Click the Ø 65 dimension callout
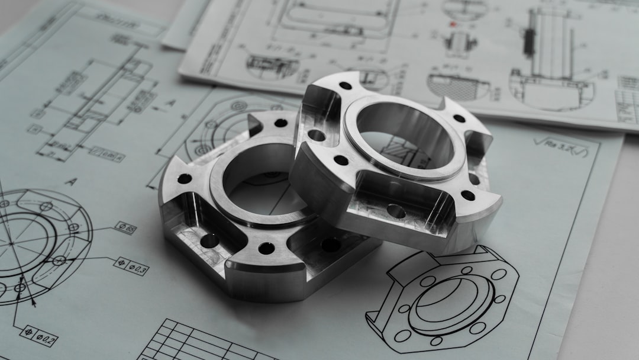coord(125,227)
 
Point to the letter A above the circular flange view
coord(70,182)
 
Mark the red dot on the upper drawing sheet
coord(453,24)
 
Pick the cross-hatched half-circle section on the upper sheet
coord(459,86)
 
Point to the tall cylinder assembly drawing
coord(550,59)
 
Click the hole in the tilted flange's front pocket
coord(396,211)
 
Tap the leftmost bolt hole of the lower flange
coord(185,178)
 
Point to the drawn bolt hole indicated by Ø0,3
coord(59,261)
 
